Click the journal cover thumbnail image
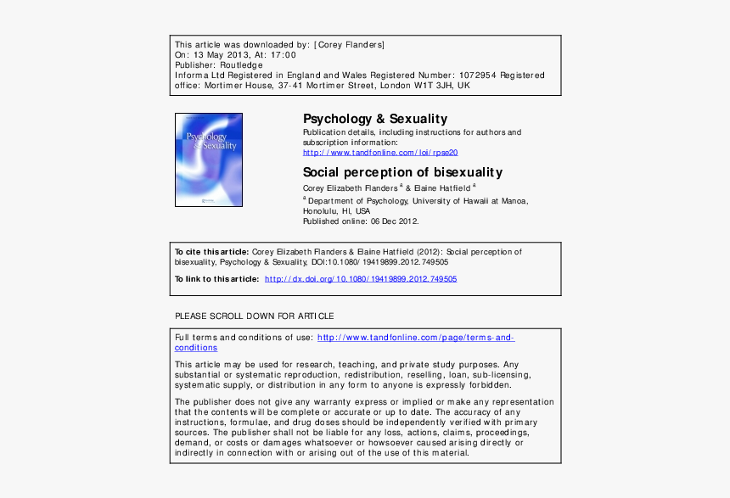209,159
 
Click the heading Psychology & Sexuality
375,119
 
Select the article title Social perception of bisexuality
402,172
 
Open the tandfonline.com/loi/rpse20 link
380,153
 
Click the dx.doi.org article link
361,279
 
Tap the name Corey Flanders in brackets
351,44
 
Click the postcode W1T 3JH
435,86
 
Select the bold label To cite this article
211,252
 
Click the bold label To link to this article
217,279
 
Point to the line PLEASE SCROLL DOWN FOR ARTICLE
254,316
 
